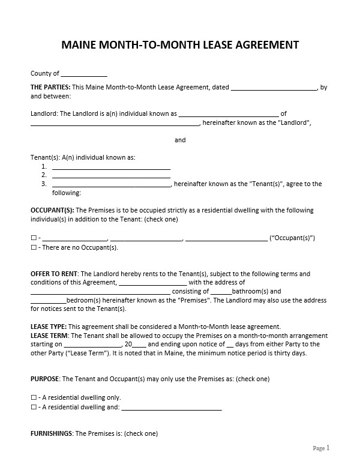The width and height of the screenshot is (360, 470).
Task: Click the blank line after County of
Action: [x=84, y=74]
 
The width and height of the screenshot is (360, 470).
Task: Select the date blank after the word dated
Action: [x=274, y=88]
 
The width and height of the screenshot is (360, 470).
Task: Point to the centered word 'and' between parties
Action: [x=180, y=140]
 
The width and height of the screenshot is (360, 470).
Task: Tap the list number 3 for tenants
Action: [x=44, y=184]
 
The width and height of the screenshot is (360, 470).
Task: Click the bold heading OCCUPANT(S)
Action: [x=52, y=211]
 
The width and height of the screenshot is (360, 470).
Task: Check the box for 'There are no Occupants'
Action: [x=34, y=247]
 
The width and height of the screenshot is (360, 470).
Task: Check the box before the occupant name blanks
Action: [x=34, y=238]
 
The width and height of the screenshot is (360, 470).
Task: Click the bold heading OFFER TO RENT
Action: [x=54, y=274]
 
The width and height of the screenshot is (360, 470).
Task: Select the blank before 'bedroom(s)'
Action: [x=48, y=300]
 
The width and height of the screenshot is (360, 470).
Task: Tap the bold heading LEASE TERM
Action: [x=49, y=336]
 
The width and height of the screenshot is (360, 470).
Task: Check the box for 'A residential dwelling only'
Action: [x=34, y=397]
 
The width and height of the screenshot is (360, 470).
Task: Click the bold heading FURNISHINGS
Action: [x=51, y=433]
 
